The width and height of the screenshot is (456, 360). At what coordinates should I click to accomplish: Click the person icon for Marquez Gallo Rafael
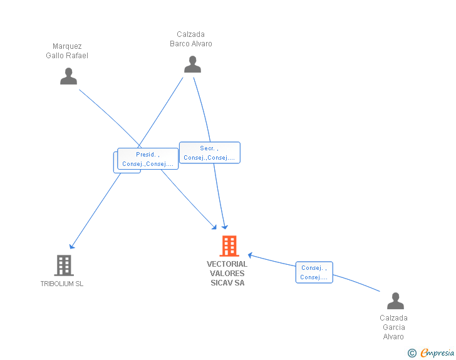(x=69, y=76)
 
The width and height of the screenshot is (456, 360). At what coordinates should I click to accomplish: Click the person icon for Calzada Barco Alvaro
(x=192, y=64)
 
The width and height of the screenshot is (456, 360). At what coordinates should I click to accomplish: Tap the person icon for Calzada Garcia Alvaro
(x=395, y=301)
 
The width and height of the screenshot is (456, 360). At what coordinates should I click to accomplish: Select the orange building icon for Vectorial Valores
(x=229, y=246)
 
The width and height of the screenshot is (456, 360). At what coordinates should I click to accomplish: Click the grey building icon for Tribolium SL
(x=64, y=265)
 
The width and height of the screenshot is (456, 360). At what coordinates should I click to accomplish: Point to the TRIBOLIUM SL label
(x=62, y=284)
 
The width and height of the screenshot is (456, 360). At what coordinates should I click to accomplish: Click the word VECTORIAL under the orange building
(x=227, y=264)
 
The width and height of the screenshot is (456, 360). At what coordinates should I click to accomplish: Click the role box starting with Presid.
(x=148, y=159)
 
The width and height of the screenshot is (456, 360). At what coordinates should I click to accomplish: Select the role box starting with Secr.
(x=210, y=153)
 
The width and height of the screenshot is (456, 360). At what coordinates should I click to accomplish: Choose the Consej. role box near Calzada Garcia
(x=314, y=272)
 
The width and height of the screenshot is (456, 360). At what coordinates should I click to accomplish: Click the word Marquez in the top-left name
(x=67, y=46)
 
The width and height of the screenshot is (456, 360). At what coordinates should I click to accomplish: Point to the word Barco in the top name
(x=180, y=44)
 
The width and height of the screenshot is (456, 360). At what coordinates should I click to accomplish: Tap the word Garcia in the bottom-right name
(x=394, y=327)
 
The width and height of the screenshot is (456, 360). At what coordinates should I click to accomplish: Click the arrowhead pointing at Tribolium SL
(x=71, y=247)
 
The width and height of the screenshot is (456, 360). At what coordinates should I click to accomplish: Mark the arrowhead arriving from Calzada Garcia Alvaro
(x=250, y=255)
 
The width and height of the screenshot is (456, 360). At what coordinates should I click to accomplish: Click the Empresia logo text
(x=437, y=352)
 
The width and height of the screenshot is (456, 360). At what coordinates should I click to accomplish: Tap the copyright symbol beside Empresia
(x=412, y=353)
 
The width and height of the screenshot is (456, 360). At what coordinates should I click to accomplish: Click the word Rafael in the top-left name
(x=77, y=56)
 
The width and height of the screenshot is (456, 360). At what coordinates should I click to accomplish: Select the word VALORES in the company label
(x=227, y=274)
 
